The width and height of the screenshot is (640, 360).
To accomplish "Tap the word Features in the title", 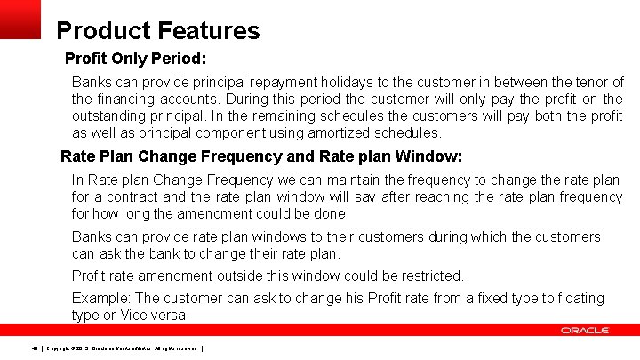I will point(209,31).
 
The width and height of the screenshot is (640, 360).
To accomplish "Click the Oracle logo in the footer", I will point(585,331).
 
